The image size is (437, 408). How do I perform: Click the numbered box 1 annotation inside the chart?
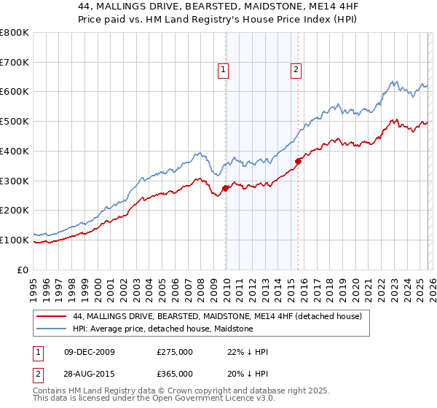[223, 70]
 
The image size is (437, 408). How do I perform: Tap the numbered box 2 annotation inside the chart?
[296, 70]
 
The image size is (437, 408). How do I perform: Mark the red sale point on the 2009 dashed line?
[225, 188]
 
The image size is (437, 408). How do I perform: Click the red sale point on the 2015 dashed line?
[298, 161]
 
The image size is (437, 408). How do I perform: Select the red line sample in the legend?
[52, 316]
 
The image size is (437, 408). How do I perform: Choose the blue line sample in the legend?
[52, 329]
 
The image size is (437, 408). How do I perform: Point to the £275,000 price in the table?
[175, 352]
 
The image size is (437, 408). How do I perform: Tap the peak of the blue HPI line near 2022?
[393, 81]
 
